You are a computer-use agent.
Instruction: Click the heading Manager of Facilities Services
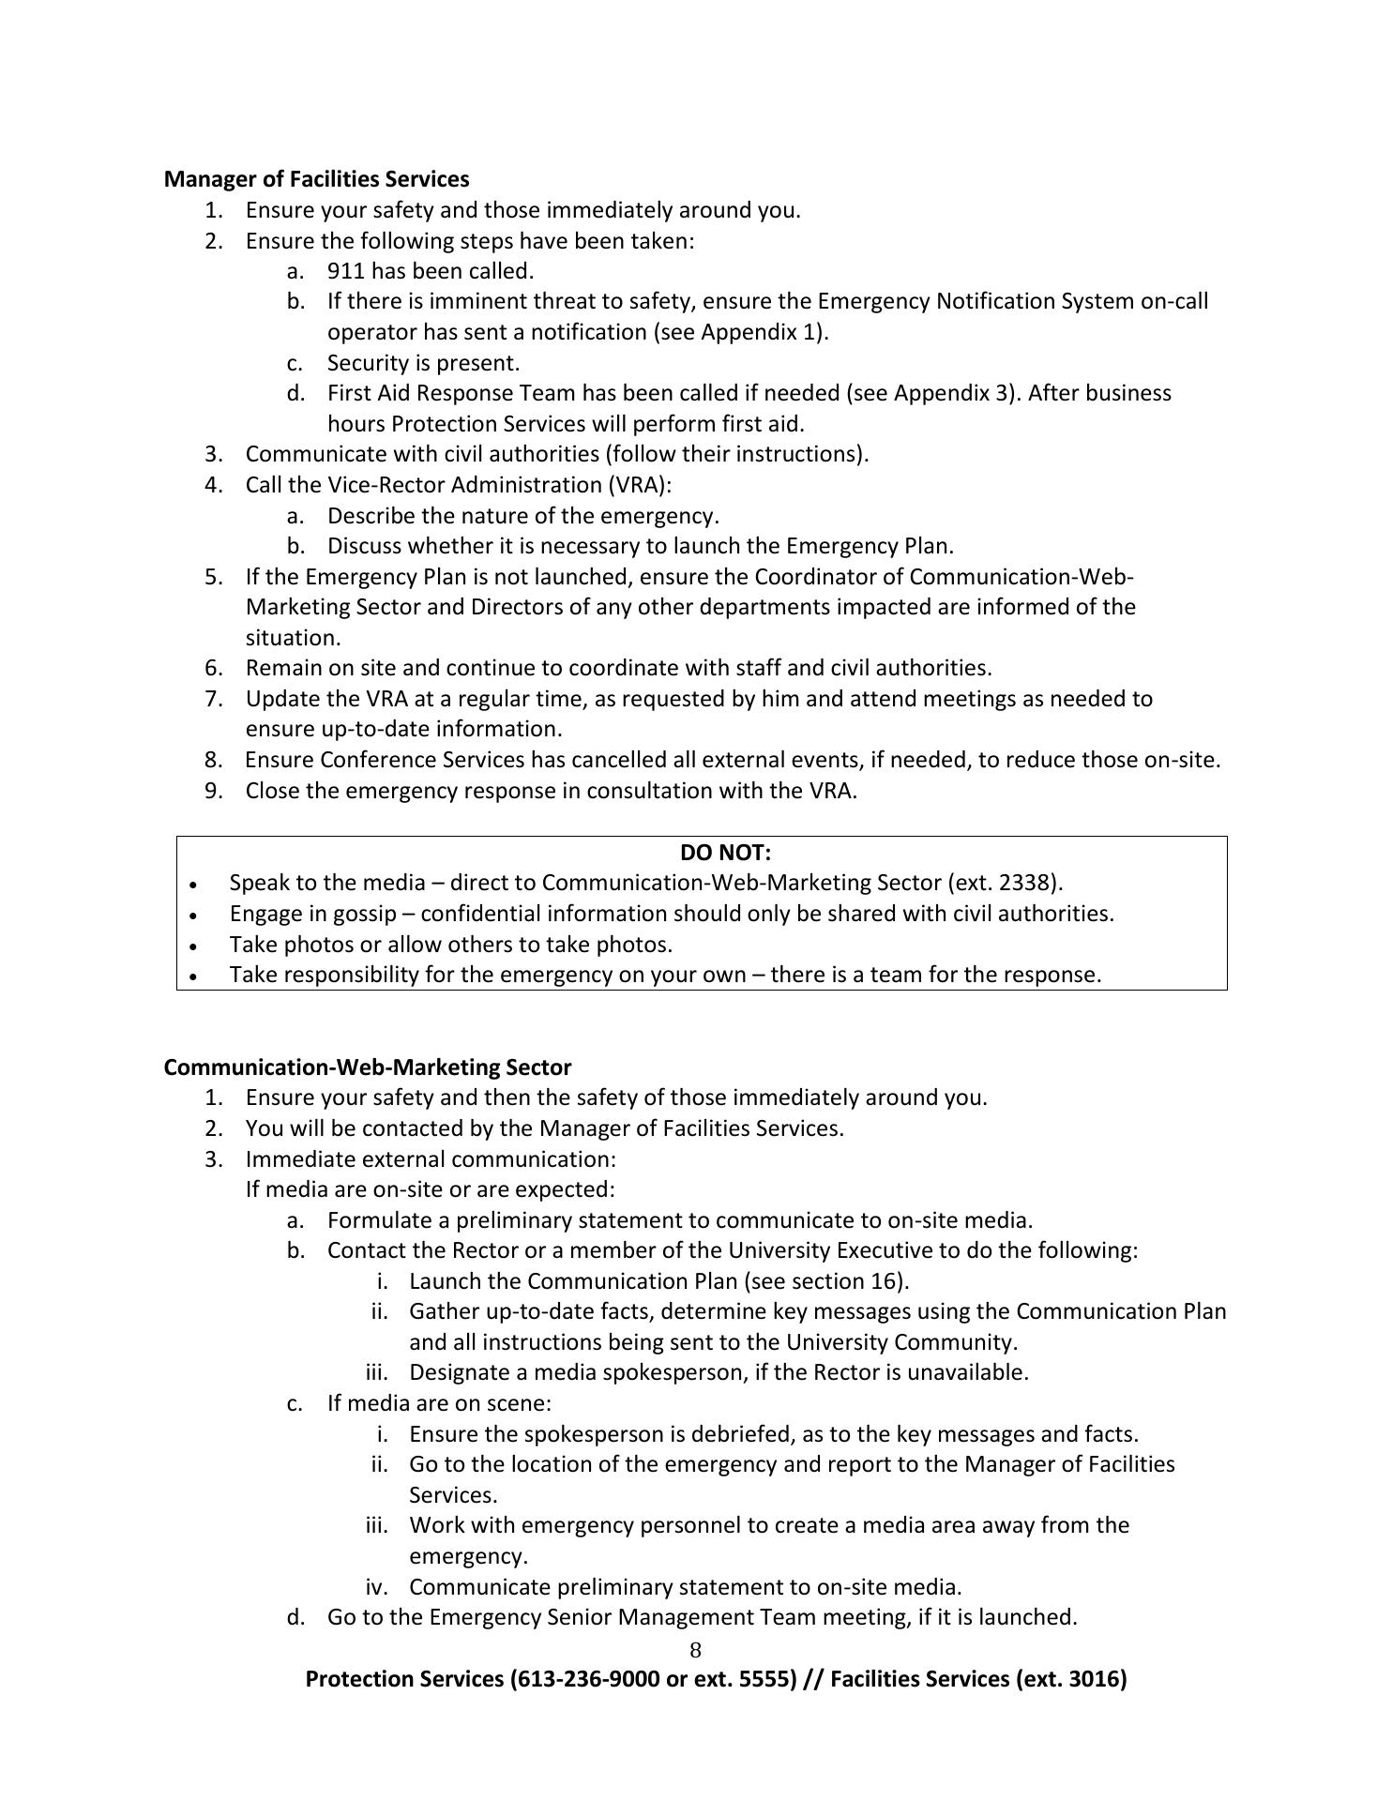[316, 178]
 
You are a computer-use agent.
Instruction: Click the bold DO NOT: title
[725, 852]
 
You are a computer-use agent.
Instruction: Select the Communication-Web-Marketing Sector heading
[367, 1067]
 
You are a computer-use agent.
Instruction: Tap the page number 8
[695, 1650]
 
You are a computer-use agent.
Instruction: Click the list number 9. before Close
[214, 791]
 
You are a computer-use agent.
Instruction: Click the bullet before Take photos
[193, 946]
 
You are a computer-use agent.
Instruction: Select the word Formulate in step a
[376, 1220]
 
